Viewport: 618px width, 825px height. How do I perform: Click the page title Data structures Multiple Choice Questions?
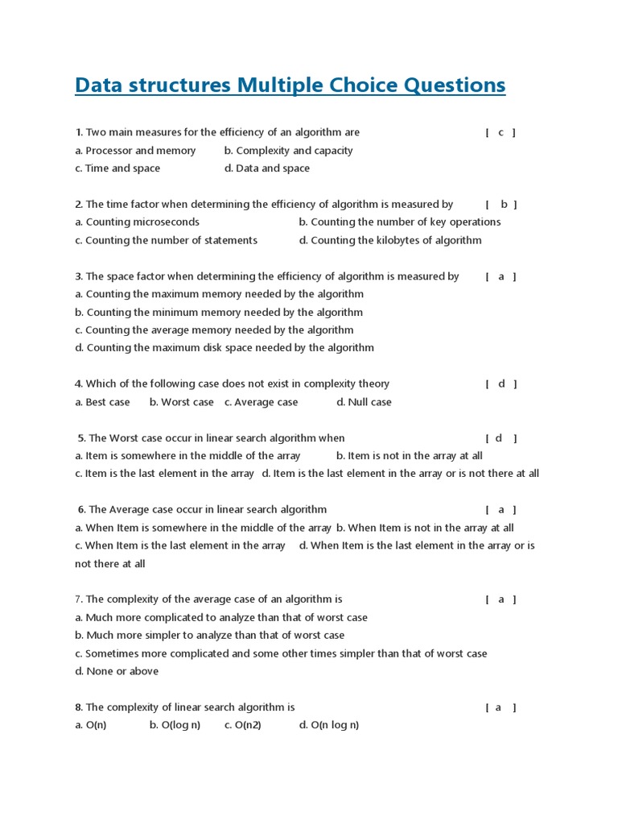click(x=290, y=85)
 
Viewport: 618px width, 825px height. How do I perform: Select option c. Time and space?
click(x=117, y=168)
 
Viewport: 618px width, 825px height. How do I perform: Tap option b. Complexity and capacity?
click(x=288, y=151)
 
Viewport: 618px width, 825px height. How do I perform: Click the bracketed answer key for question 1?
click(x=501, y=132)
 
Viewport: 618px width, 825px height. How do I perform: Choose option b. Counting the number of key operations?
click(x=399, y=222)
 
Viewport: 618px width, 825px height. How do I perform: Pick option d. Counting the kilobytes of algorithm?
click(x=390, y=240)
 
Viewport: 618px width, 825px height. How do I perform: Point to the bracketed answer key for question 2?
click(x=501, y=205)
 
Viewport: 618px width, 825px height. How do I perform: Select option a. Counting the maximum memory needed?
click(x=219, y=294)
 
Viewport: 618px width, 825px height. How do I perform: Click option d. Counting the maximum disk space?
click(x=225, y=348)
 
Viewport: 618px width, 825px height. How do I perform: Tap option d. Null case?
click(x=364, y=402)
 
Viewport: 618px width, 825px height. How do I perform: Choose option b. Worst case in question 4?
click(x=181, y=402)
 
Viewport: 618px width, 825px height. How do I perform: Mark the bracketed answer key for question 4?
click(x=501, y=384)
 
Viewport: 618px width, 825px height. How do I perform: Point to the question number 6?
click(x=81, y=510)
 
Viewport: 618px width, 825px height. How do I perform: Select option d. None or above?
click(x=117, y=671)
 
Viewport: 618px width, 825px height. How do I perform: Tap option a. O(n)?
click(x=91, y=725)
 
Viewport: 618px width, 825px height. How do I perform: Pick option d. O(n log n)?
click(x=329, y=725)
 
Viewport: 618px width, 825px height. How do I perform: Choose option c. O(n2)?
click(x=242, y=725)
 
